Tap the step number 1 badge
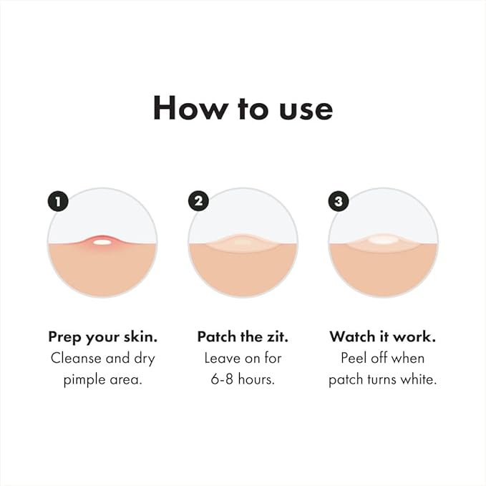tap(58, 201)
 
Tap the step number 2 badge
tap(199, 201)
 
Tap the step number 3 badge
tap(339, 201)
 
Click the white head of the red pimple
tap(102, 242)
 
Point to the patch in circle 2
tap(243, 242)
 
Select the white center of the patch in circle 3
tap(384, 240)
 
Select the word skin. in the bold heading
tap(137, 336)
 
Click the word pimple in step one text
tap(85, 379)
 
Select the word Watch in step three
tap(350, 336)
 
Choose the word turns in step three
tap(381, 379)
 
